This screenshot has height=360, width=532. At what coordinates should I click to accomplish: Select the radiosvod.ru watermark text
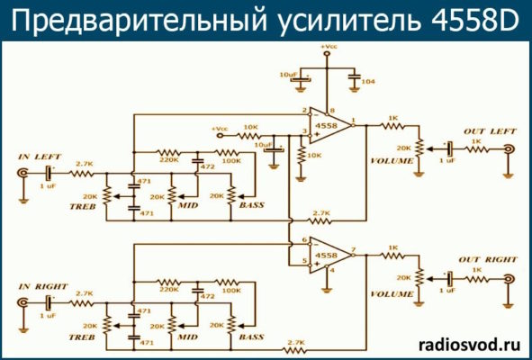coord(470,343)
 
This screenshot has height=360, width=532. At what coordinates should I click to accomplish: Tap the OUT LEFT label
coord(487,132)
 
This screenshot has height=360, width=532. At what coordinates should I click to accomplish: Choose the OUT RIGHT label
coord(489,260)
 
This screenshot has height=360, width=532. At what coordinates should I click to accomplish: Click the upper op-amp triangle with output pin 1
coord(329,126)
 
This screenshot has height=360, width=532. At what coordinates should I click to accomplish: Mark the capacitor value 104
coord(368,81)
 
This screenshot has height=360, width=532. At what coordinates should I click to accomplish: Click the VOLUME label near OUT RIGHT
coord(391,293)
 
